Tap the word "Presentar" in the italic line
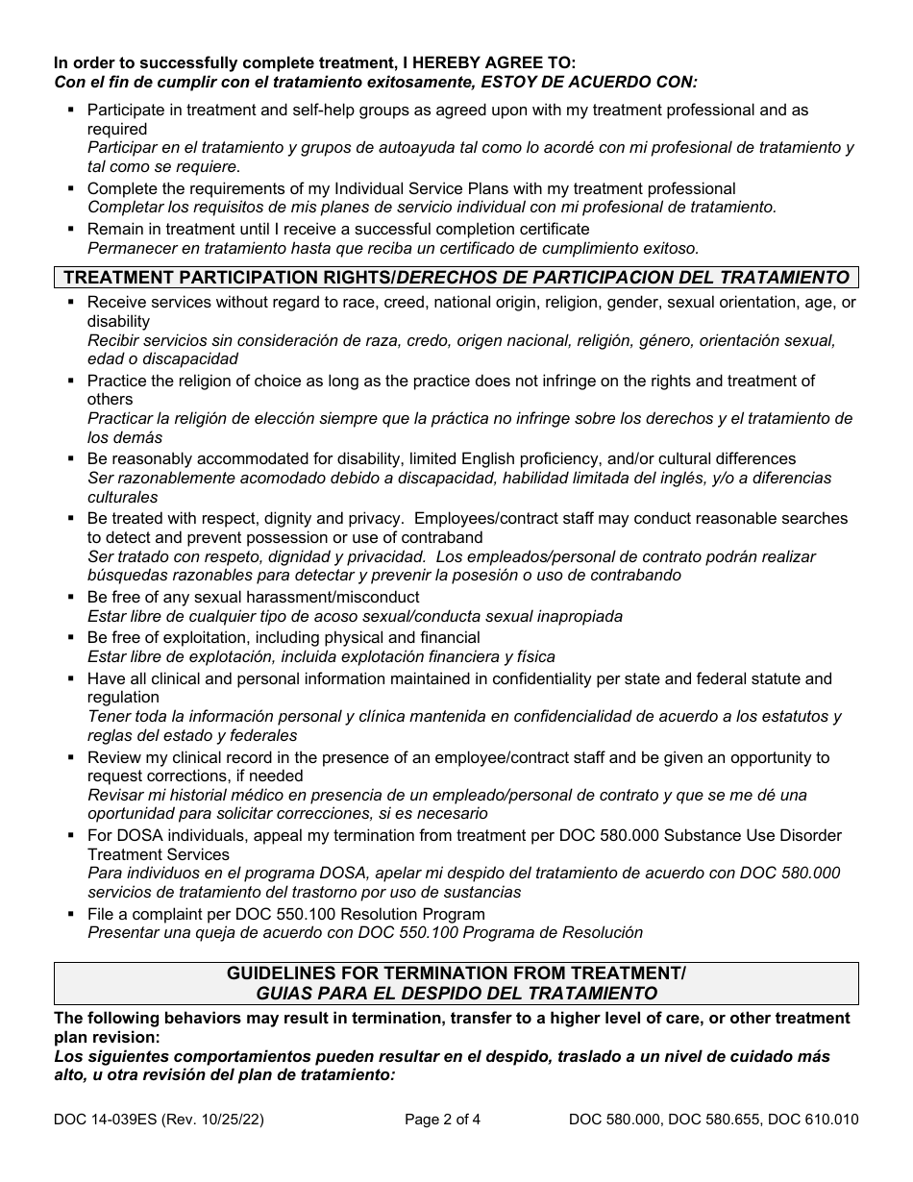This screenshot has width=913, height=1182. tap(122, 932)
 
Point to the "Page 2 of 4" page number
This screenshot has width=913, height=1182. tap(456, 1119)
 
